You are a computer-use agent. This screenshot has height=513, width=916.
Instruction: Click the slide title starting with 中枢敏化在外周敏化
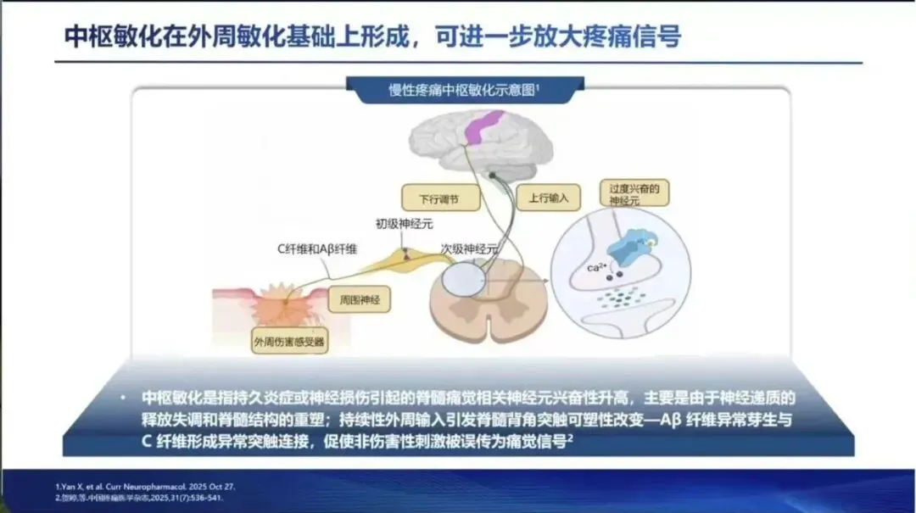373,36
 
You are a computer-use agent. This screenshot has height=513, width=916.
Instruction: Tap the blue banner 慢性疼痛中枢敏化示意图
465,91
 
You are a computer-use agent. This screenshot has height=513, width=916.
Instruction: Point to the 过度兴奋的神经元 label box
634,192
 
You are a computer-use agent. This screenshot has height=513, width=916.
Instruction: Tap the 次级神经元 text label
469,250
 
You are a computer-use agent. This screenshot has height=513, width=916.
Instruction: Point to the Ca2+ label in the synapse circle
598,269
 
